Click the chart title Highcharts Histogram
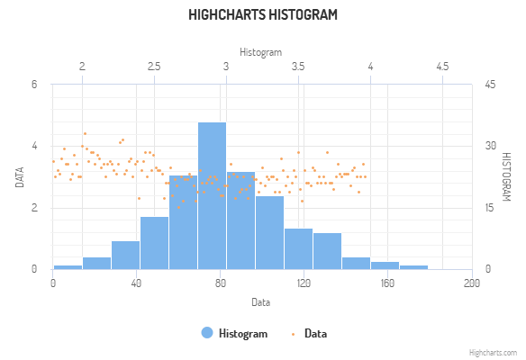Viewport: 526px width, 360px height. click(x=263, y=15)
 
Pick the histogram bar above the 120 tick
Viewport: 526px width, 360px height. click(x=298, y=248)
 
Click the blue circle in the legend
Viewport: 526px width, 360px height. click(x=207, y=333)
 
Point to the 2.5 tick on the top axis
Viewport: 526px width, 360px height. click(x=154, y=67)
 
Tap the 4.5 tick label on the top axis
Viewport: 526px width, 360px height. click(x=442, y=67)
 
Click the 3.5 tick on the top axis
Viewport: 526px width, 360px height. click(x=298, y=67)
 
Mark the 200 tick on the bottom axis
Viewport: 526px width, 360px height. click(x=471, y=283)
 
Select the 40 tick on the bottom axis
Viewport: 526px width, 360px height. click(x=136, y=283)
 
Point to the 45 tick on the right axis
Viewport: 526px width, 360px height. click(x=490, y=85)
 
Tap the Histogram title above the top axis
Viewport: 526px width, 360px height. click(x=260, y=51)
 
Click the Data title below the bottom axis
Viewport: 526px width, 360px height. click(x=260, y=301)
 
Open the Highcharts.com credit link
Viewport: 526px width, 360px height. click(x=494, y=353)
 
